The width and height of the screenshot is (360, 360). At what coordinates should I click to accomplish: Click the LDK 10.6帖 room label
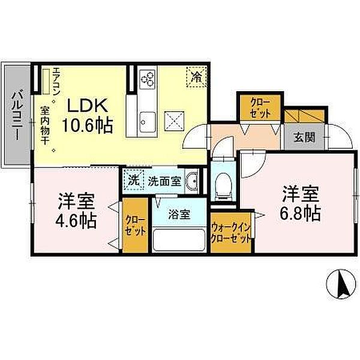point(88,116)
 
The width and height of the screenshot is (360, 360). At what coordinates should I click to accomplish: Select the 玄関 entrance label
point(304,137)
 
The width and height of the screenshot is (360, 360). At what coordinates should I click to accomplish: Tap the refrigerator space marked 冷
point(197,77)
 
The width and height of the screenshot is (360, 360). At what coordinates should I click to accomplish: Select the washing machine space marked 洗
point(134,180)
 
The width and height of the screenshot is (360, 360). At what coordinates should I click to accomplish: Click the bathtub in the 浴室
point(179,240)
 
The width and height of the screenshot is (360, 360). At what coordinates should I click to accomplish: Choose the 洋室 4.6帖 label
point(76,211)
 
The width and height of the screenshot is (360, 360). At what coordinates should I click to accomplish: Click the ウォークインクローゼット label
point(230,233)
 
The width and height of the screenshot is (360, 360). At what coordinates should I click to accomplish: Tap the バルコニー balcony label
point(17,116)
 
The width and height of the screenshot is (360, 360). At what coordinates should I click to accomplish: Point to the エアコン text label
point(56,82)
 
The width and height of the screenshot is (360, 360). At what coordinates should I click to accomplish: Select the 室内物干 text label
point(44,125)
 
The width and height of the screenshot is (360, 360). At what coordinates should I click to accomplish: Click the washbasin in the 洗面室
point(192,181)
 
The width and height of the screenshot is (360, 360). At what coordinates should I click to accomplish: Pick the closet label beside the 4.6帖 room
point(135,226)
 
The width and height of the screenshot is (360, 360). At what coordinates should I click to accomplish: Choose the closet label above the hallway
point(260,108)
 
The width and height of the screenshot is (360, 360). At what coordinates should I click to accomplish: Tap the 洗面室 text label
point(164,181)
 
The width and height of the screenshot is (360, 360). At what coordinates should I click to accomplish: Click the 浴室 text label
point(179,214)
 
